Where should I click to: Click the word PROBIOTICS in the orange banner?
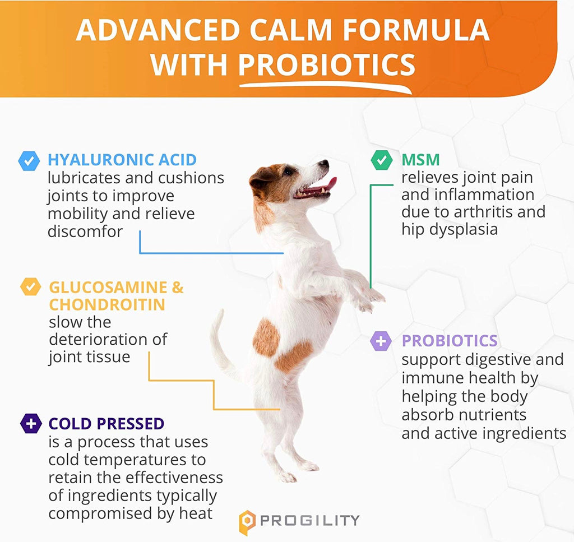point(327,65)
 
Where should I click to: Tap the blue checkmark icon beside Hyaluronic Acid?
point(29,161)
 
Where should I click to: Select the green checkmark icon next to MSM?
point(381,160)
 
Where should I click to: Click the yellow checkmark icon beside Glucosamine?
point(30,286)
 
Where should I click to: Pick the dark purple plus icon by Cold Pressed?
point(31,423)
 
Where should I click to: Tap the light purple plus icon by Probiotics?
point(381,341)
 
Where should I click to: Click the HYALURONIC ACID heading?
point(122,160)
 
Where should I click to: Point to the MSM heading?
point(420,160)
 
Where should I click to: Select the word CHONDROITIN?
point(107,304)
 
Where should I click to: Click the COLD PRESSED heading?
point(106,424)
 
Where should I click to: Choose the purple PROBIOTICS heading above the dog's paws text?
point(450,341)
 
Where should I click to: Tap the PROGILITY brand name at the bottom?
point(309,520)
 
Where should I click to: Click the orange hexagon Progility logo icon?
point(247,522)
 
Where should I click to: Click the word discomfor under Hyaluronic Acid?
point(85,231)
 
